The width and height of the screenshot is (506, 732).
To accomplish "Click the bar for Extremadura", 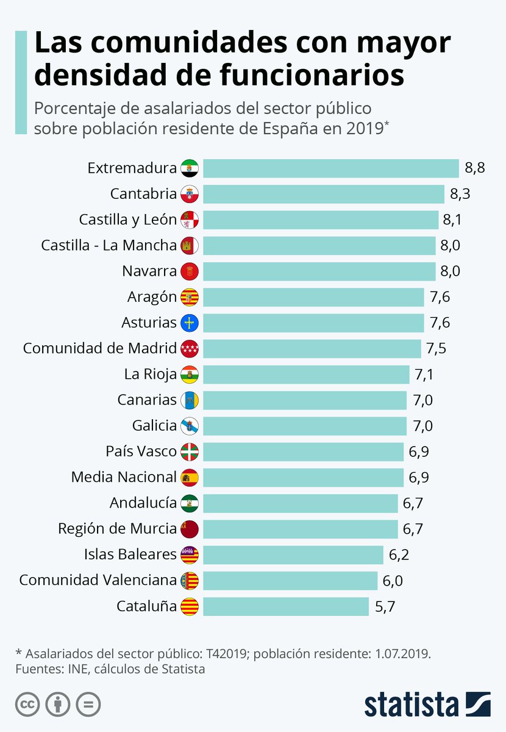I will (x=330, y=168).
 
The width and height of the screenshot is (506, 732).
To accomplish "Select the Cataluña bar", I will (x=285, y=606).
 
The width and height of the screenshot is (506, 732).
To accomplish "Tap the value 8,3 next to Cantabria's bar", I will (x=460, y=194).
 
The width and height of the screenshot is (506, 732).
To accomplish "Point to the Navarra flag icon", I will (x=190, y=271).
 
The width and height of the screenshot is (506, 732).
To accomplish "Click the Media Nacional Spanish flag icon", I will (x=190, y=477).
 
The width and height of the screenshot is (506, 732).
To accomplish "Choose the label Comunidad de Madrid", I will (x=99, y=348).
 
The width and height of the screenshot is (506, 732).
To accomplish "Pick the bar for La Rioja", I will (x=305, y=374).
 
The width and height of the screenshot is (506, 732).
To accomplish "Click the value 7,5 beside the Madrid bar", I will (x=437, y=348).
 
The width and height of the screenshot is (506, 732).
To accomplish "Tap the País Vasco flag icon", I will (x=190, y=451).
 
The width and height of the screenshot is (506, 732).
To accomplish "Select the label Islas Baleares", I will (x=130, y=554).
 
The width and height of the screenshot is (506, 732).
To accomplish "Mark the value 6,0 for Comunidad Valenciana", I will (x=393, y=581).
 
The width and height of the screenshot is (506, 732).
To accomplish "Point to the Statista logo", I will (x=427, y=703).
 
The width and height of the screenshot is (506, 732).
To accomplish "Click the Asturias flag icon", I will (x=190, y=323).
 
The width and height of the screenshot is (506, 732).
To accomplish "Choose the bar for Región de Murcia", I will (x=300, y=529).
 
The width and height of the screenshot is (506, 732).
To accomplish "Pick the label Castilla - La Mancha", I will (x=109, y=245).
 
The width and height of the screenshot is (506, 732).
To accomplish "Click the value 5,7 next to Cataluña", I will (x=383, y=606).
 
